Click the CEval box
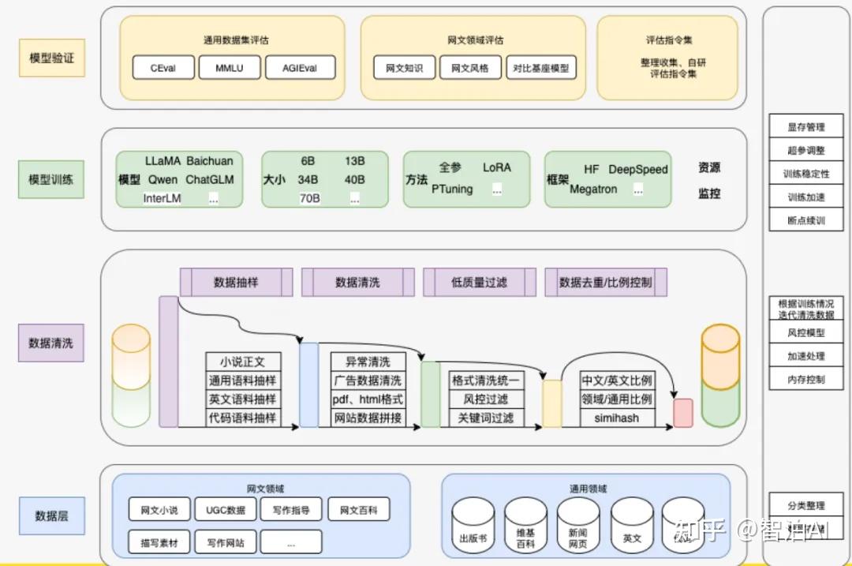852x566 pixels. [x=163, y=68]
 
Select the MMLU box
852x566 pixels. [x=230, y=68]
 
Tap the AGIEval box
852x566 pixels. [x=300, y=68]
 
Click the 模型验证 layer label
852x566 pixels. [x=51, y=58]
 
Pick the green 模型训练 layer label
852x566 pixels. [x=51, y=179]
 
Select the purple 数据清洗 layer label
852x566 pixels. [x=51, y=343]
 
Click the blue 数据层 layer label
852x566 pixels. [x=51, y=515]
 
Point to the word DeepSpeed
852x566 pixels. [x=637, y=169]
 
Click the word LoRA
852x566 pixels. [x=497, y=167]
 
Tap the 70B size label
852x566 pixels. [x=309, y=198]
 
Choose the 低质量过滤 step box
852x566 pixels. [x=479, y=282]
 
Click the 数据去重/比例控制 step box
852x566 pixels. [x=605, y=282]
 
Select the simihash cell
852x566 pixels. [x=617, y=418]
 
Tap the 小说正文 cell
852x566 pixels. [x=243, y=362]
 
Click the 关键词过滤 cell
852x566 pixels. [x=486, y=418]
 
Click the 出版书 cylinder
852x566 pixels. [x=473, y=527]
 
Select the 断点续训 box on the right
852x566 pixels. [x=805, y=220]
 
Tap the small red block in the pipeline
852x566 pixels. [x=682, y=413]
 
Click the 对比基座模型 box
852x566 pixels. [x=540, y=68]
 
